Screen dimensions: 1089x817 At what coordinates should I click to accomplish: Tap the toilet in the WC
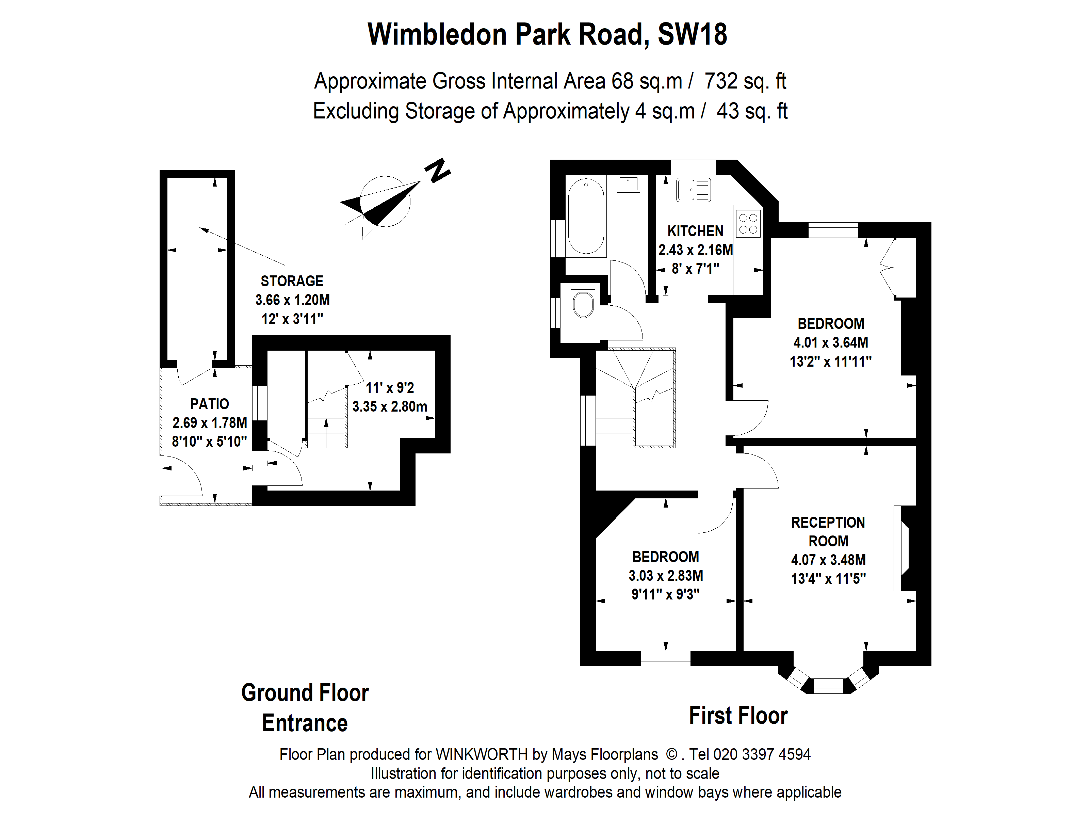coord(583,301)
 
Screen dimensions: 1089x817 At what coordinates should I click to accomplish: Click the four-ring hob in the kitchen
coord(748,224)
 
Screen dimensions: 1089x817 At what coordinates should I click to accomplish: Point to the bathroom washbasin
coord(628,184)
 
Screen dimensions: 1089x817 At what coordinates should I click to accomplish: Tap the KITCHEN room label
coord(695,231)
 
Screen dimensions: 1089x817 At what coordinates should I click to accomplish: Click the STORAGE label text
coord(292,281)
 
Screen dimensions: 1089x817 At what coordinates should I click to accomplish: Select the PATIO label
coord(210,404)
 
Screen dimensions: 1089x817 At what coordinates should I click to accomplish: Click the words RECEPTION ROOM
coord(828,532)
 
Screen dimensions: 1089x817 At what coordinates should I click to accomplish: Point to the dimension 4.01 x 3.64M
coord(831,342)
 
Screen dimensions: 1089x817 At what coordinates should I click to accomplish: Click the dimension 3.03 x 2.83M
coord(666,575)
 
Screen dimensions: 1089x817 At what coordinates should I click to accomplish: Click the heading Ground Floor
coord(305,693)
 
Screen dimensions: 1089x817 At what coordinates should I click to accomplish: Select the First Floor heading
coord(738,716)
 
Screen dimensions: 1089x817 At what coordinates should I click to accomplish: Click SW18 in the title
coord(692,34)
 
